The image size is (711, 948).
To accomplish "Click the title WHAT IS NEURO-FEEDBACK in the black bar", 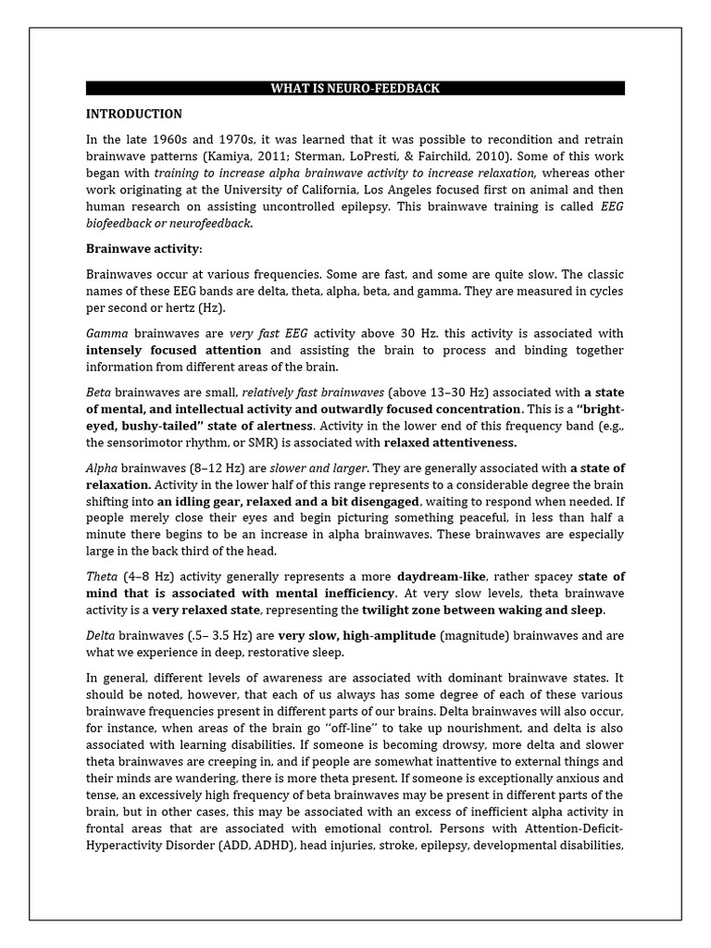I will (x=355, y=89).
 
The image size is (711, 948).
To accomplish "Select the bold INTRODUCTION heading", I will (x=133, y=114).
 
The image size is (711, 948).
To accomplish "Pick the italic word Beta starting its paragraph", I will (x=99, y=392).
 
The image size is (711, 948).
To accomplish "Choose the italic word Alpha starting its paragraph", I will (x=103, y=468).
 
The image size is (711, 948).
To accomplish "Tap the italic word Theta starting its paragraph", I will (x=103, y=576).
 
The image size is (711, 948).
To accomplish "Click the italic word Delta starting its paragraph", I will (x=102, y=635).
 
